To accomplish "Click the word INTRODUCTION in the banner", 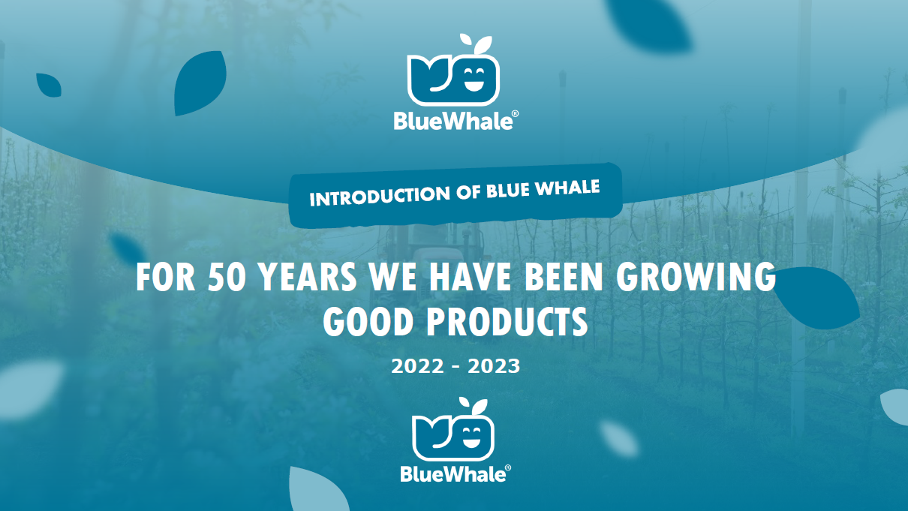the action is pyautogui.click(x=380, y=196).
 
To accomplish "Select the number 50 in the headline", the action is pyautogui.click(x=227, y=277).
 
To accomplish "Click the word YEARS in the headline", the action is pyautogui.click(x=307, y=277).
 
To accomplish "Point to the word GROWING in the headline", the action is pyautogui.click(x=696, y=277).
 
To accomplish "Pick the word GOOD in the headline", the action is pyautogui.click(x=368, y=321).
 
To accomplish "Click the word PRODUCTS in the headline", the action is pyautogui.click(x=507, y=321).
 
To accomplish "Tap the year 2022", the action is pyautogui.click(x=417, y=366).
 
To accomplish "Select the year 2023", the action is pyautogui.click(x=494, y=366).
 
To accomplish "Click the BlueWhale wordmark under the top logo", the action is pyautogui.click(x=453, y=121).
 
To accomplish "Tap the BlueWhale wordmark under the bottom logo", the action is pyautogui.click(x=453, y=473).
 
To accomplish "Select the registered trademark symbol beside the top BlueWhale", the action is pyautogui.click(x=516, y=114).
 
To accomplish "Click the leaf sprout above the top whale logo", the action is pyautogui.click(x=477, y=44).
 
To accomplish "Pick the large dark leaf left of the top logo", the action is pyautogui.click(x=200, y=83).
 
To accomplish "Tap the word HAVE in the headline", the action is pyautogui.click(x=471, y=277).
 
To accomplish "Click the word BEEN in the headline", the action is pyautogui.click(x=564, y=277).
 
